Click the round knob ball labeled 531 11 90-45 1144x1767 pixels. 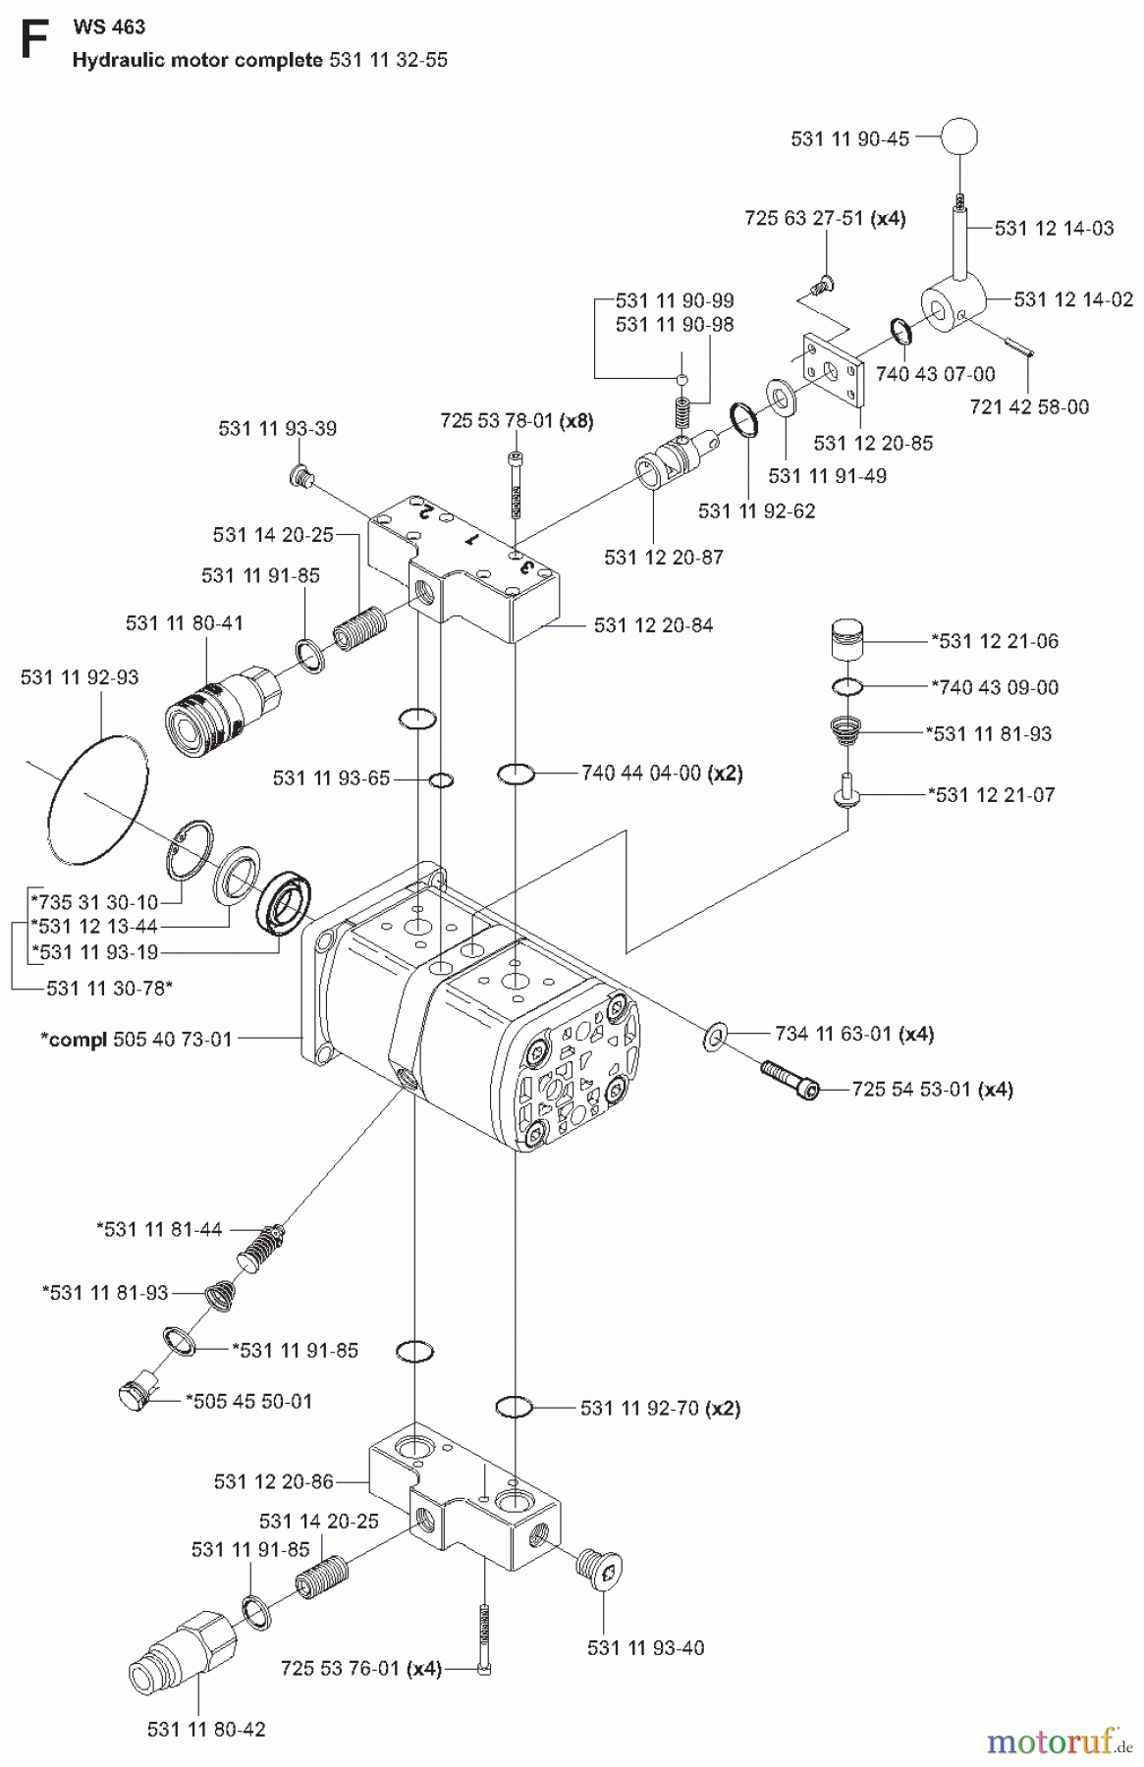pos(959,137)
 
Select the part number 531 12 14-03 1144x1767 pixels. pos(1054,229)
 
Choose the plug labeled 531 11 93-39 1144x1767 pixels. pos(302,477)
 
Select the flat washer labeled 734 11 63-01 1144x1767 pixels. pos(715,1034)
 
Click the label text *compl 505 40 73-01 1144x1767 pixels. pos(136,1039)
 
